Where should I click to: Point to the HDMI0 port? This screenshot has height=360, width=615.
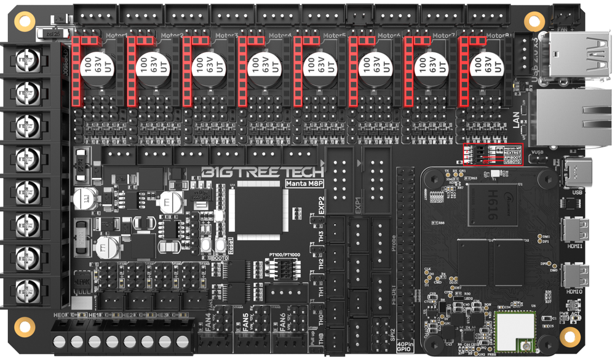[579, 276]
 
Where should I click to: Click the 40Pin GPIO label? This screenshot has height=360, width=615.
[405, 347]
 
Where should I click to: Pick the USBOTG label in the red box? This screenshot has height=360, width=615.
[513, 162]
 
